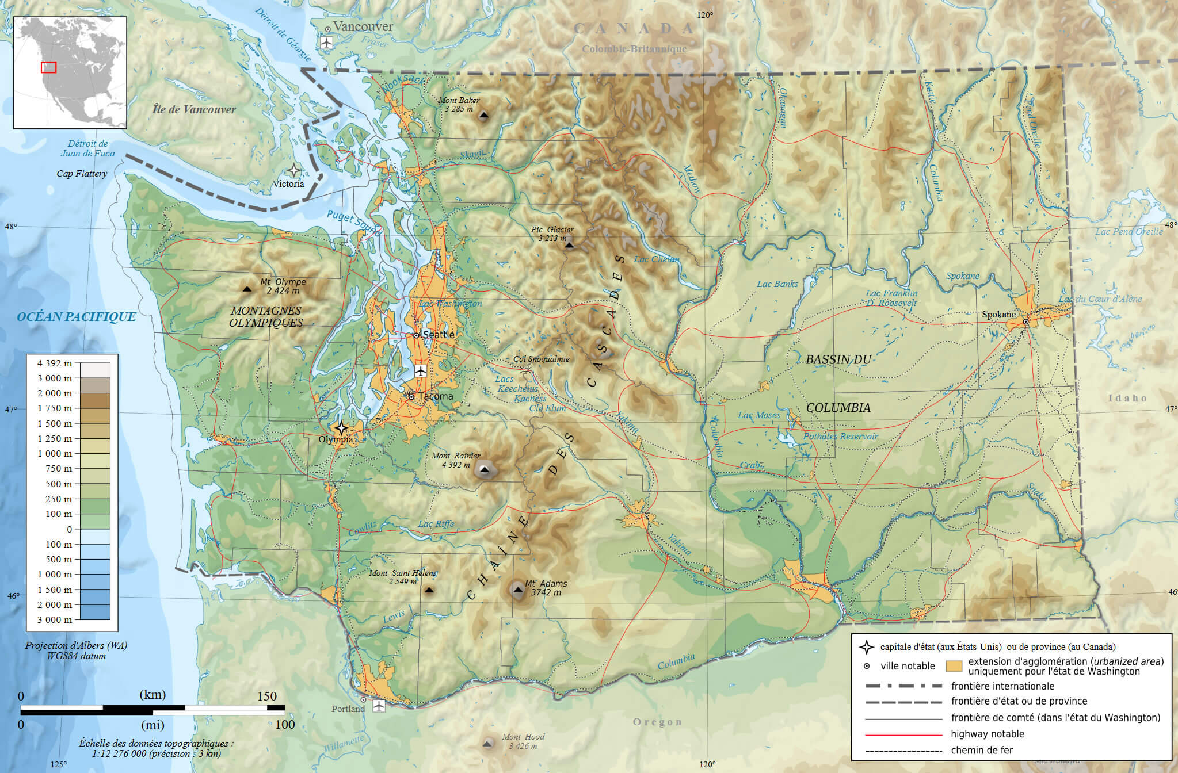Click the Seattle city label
click(x=439, y=335)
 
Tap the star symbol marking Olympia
click(x=341, y=428)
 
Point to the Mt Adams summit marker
click(x=518, y=590)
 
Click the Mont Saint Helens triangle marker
click(x=429, y=590)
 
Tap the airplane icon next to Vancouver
click(x=327, y=43)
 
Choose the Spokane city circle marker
click(x=1025, y=322)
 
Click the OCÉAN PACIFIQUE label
click(x=77, y=317)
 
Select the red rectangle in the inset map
click(x=49, y=67)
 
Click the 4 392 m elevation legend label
click(x=55, y=363)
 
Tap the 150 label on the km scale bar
click(x=267, y=696)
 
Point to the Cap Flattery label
click(x=82, y=173)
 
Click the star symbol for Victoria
click(x=294, y=170)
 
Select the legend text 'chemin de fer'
click(x=982, y=750)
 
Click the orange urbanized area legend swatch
click(x=954, y=666)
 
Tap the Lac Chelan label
click(x=656, y=259)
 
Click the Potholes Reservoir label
click(x=840, y=437)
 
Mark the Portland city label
click(x=348, y=709)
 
